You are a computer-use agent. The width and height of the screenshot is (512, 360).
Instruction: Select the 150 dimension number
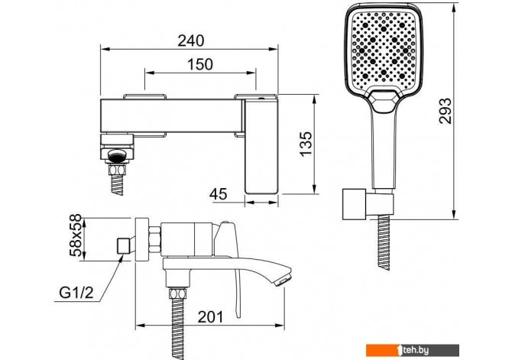coord(199,64)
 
